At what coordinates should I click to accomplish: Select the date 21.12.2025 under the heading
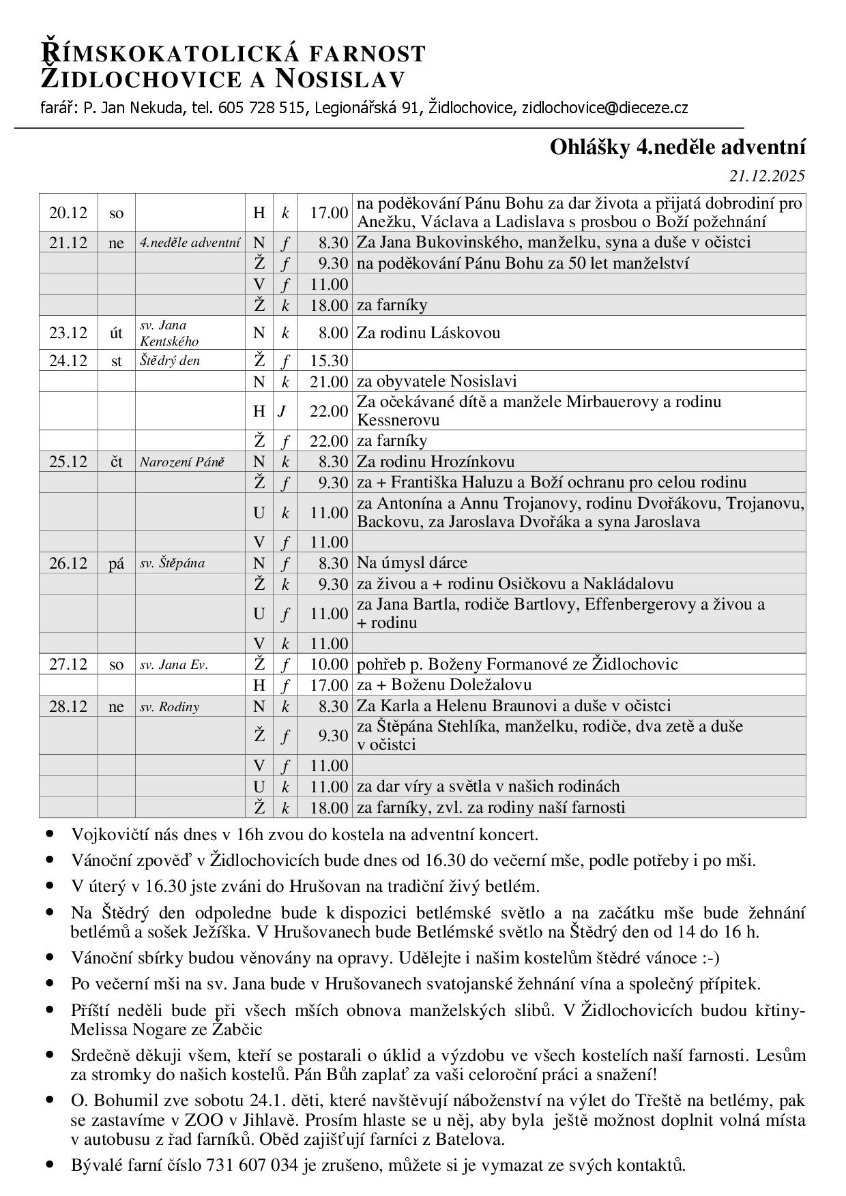(x=767, y=176)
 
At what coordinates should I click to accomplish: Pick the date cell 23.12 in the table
(x=68, y=333)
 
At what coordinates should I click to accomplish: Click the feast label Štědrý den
(x=170, y=361)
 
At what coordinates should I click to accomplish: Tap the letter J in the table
(x=281, y=410)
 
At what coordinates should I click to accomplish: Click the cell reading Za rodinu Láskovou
(x=428, y=333)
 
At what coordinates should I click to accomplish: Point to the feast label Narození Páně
(x=182, y=462)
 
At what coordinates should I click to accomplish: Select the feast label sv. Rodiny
(x=169, y=706)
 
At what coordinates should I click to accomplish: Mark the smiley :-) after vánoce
(x=710, y=957)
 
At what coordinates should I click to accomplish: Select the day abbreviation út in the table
(x=116, y=333)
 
